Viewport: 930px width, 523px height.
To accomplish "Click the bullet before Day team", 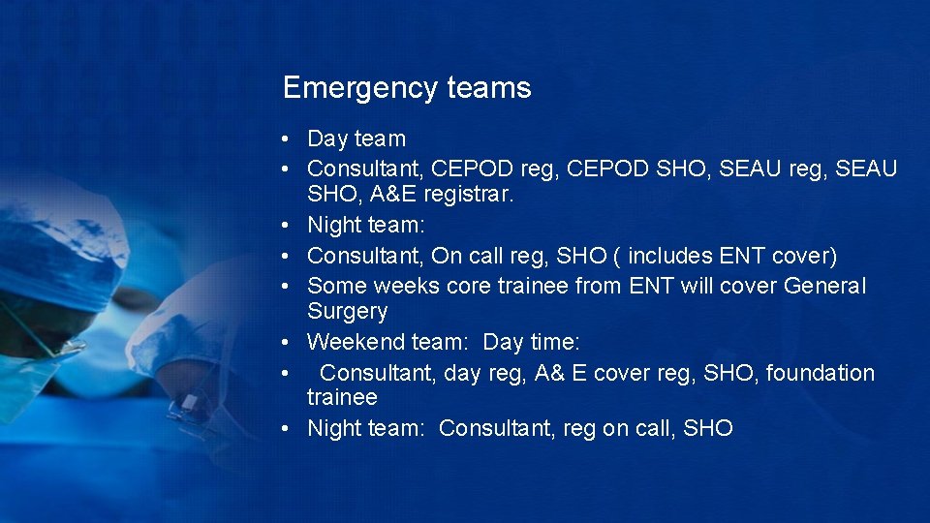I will (290, 139).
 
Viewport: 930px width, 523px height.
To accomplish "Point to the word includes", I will (671, 257).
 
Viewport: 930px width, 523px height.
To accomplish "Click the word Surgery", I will (347, 312).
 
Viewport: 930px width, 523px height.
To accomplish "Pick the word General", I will (825, 287).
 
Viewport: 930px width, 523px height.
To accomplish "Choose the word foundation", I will (821, 373).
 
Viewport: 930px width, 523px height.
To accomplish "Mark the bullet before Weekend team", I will (290, 343).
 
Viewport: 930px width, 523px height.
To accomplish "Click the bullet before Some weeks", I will (290, 287).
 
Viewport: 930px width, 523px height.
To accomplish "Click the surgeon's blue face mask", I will (29, 373).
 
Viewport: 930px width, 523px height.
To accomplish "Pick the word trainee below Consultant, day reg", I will (342, 398).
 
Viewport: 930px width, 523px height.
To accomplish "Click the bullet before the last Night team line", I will (290, 429).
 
